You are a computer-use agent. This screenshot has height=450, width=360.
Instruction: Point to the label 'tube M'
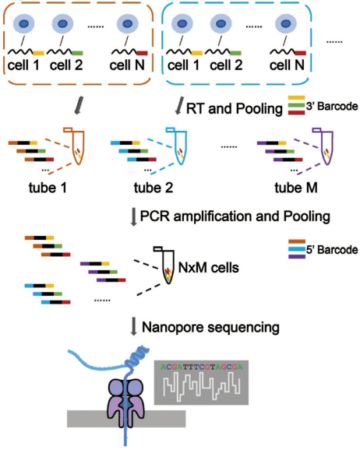click(x=296, y=188)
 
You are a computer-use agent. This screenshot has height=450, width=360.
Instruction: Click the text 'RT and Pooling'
click(x=235, y=109)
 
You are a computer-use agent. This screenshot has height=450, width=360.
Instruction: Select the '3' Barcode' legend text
click(x=332, y=107)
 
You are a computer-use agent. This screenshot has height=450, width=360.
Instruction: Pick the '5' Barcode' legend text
click(x=332, y=250)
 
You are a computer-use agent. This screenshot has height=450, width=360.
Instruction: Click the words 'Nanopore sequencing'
click(x=210, y=328)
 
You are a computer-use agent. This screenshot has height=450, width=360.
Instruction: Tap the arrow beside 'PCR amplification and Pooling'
click(x=133, y=217)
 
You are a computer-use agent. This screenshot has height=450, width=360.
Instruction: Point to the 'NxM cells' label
click(x=209, y=268)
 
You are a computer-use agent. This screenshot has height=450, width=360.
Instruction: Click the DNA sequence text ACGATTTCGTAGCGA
click(x=201, y=367)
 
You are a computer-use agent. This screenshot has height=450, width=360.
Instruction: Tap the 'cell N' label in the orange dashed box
click(x=127, y=65)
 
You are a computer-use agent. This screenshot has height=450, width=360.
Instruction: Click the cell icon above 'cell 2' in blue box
click(x=221, y=23)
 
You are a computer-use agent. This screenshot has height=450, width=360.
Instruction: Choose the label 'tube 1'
click(x=48, y=188)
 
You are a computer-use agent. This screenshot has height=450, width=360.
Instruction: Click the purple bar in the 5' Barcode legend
click(x=297, y=257)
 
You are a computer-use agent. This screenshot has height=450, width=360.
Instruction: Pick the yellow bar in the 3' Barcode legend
click(x=296, y=98)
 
